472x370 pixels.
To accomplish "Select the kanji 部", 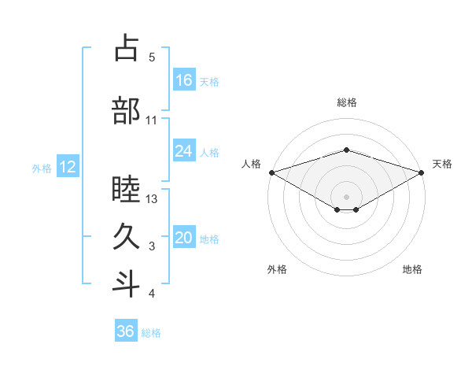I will [x=127, y=110].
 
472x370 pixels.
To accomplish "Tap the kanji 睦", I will [x=127, y=191].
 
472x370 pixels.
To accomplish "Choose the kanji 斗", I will [x=127, y=283].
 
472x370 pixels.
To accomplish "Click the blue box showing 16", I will [x=184, y=80].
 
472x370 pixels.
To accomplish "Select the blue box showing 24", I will [x=184, y=151].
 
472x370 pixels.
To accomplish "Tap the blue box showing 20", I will [x=184, y=238].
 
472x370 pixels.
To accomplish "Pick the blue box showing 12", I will [x=67, y=167].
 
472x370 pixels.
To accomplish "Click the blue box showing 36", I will [x=126, y=331].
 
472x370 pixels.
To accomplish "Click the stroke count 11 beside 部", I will [x=152, y=120].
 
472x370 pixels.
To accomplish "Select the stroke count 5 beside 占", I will [x=152, y=57].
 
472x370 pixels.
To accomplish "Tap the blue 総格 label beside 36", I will [x=151, y=333].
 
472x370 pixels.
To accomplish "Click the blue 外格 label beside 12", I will [x=42, y=168].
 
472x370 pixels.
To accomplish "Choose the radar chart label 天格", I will [x=442, y=164].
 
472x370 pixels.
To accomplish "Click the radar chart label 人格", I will [x=252, y=164].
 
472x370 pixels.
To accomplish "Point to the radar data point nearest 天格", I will [x=422, y=172].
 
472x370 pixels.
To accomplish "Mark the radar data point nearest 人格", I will [x=271, y=172].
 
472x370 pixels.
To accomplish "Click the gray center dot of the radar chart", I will [x=346, y=195].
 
